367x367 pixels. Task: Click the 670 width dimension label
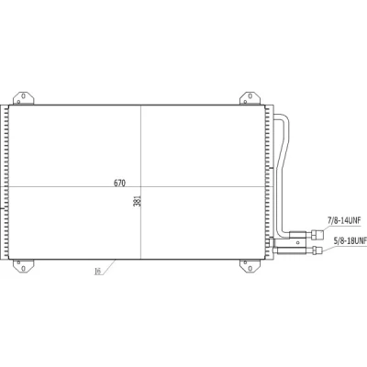[x=119, y=183]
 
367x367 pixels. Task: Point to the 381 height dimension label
[x=138, y=201]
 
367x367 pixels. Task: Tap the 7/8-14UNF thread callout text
[x=344, y=220]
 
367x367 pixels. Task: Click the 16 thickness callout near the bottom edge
[x=98, y=271]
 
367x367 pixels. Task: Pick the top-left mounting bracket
[x=23, y=98]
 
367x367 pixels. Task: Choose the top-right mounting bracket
[x=250, y=98]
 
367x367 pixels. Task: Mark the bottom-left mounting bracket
[x=23, y=266]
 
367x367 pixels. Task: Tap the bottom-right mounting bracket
[x=250, y=266]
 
